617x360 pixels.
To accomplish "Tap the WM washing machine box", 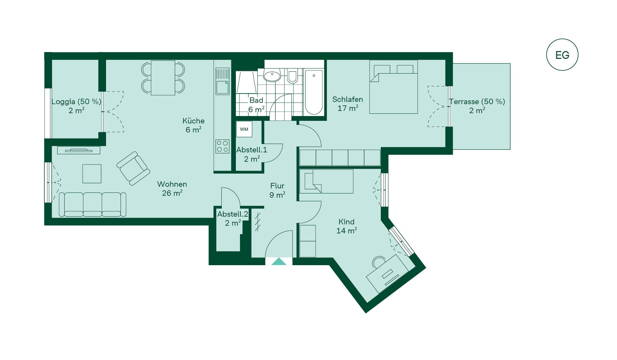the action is click(244, 129).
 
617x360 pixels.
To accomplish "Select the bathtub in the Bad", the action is click(314, 92).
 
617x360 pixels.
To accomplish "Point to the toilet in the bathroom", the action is click(292, 76).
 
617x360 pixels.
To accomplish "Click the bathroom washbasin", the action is click(272, 76).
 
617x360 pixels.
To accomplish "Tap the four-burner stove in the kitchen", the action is click(222, 146).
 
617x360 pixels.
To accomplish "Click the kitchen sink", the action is click(222, 81).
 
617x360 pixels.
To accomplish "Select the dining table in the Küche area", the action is click(163, 78).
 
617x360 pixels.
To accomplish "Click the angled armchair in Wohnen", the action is click(133, 168).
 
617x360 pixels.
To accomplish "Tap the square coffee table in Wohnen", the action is click(92, 174).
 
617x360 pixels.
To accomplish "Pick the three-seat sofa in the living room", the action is click(93, 204).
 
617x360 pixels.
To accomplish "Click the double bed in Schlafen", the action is click(394, 87).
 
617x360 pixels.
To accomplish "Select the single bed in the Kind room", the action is click(326, 181).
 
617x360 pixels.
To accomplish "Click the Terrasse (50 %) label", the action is click(477, 102).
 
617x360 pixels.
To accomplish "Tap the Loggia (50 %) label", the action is click(76, 102).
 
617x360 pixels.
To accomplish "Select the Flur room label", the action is click(277, 186).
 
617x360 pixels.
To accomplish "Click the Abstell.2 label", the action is click(233, 214).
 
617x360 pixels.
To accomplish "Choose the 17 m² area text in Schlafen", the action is click(348, 108).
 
